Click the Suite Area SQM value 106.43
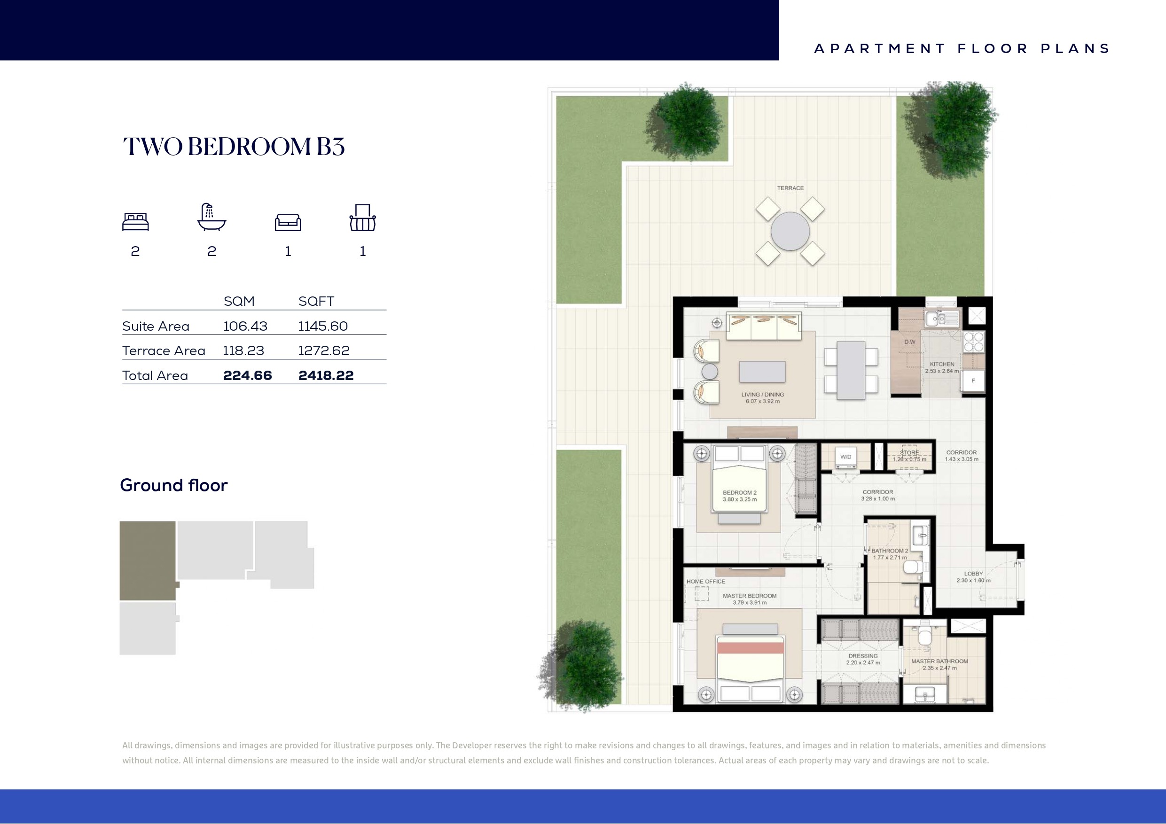pyautogui.click(x=245, y=326)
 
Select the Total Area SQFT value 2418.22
pyautogui.click(x=326, y=375)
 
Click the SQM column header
pyautogui.click(x=239, y=301)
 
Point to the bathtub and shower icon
pyautogui.click(x=212, y=218)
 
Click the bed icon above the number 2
pyautogui.click(x=136, y=222)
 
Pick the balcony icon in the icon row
pyautogui.click(x=363, y=218)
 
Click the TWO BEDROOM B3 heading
pyautogui.click(x=234, y=147)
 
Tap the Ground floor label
pyautogui.click(x=174, y=485)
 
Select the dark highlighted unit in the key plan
pyautogui.click(x=148, y=560)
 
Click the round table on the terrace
pyautogui.click(x=790, y=232)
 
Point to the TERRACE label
pyautogui.click(x=790, y=188)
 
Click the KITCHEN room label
pyautogui.click(x=942, y=364)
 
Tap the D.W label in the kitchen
pyautogui.click(x=909, y=342)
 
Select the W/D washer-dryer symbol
pyautogui.click(x=845, y=457)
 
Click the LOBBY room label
pyautogui.click(x=973, y=574)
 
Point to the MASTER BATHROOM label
pyautogui.click(x=939, y=661)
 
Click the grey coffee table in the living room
pyautogui.click(x=762, y=372)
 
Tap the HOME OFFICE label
pyautogui.click(x=706, y=582)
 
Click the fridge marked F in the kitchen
pyautogui.click(x=973, y=381)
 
